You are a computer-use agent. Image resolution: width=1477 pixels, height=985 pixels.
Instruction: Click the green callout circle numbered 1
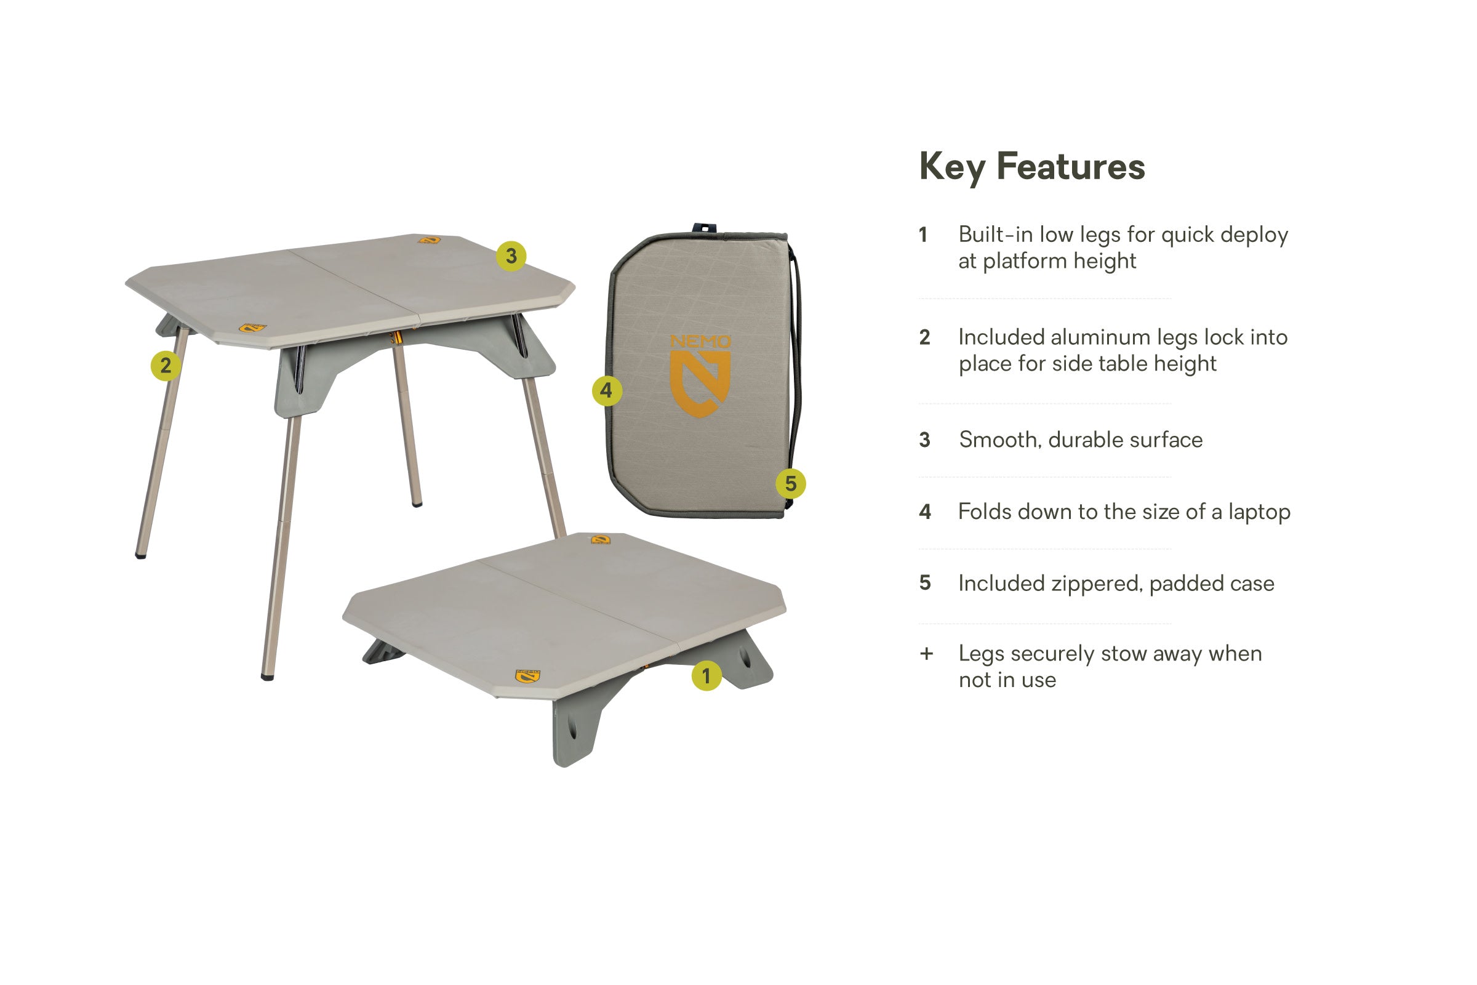[x=706, y=676]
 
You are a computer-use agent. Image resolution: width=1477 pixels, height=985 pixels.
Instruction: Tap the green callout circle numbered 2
[x=165, y=366]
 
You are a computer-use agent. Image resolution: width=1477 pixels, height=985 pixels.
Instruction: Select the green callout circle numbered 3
[x=511, y=256]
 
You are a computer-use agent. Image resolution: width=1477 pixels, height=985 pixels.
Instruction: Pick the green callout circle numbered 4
[x=607, y=391]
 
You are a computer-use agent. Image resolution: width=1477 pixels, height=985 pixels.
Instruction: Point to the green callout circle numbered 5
[x=790, y=484]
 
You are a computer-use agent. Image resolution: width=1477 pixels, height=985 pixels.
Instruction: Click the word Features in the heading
[x=1071, y=167]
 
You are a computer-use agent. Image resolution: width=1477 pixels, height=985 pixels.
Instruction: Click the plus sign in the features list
[x=926, y=654]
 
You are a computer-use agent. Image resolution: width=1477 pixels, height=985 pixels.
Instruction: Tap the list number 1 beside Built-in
[x=923, y=235]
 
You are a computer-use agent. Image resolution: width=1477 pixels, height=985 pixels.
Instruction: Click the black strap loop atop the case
[x=705, y=227]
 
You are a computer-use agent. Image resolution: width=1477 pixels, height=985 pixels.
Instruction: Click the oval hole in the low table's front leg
[x=572, y=729]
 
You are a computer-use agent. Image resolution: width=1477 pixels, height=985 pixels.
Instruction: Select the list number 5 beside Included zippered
[x=924, y=583]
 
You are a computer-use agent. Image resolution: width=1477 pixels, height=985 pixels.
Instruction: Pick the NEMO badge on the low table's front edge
[x=527, y=676]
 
